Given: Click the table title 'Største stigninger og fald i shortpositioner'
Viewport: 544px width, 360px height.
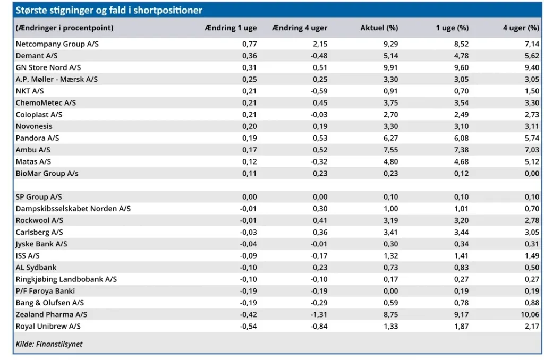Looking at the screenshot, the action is click(x=109, y=10).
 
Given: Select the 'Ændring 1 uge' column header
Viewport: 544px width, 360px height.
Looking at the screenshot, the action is click(x=231, y=28).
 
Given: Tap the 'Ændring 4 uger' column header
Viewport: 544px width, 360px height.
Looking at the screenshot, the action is click(x=300, y=28).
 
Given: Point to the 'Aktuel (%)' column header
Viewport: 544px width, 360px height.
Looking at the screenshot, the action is click(x=379, y=28).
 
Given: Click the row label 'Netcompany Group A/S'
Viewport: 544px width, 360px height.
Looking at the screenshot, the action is click(x=57, y=44).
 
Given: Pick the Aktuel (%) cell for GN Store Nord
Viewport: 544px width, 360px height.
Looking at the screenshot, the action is click(x=390, y=67).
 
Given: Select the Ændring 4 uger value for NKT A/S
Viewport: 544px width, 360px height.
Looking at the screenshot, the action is click(x=319, y=91).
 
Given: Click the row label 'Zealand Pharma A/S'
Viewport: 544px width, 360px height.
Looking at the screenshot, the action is click(x=52, y=314).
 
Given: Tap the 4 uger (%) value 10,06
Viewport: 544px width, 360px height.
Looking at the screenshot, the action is click(x=530, y=314).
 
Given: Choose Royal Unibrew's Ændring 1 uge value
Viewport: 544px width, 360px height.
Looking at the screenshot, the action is click(x=249, y=327).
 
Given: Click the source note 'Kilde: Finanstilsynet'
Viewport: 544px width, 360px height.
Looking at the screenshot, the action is click(x=49, y=344).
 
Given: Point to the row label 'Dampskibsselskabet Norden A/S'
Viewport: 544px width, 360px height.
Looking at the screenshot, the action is click(x=73, y=209).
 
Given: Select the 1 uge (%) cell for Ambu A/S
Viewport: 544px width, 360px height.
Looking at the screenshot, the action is click(x=462, y=150).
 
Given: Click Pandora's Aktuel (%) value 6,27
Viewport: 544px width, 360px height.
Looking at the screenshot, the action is click(x=390, y=138).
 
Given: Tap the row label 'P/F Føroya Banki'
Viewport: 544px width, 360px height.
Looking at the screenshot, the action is click(x=45, y=291).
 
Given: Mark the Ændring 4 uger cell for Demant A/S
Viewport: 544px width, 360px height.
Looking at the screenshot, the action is click(x=319, y=56).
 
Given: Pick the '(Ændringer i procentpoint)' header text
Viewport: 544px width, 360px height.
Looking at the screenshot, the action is click(x=64, y=28).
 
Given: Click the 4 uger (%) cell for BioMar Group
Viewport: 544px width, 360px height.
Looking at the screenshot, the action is click(x=532, y=174).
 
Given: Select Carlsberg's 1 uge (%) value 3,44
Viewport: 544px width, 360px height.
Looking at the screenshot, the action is click(x=462, y=233).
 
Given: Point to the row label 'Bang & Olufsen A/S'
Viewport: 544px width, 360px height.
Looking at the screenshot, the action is click(x=49, y=303).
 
